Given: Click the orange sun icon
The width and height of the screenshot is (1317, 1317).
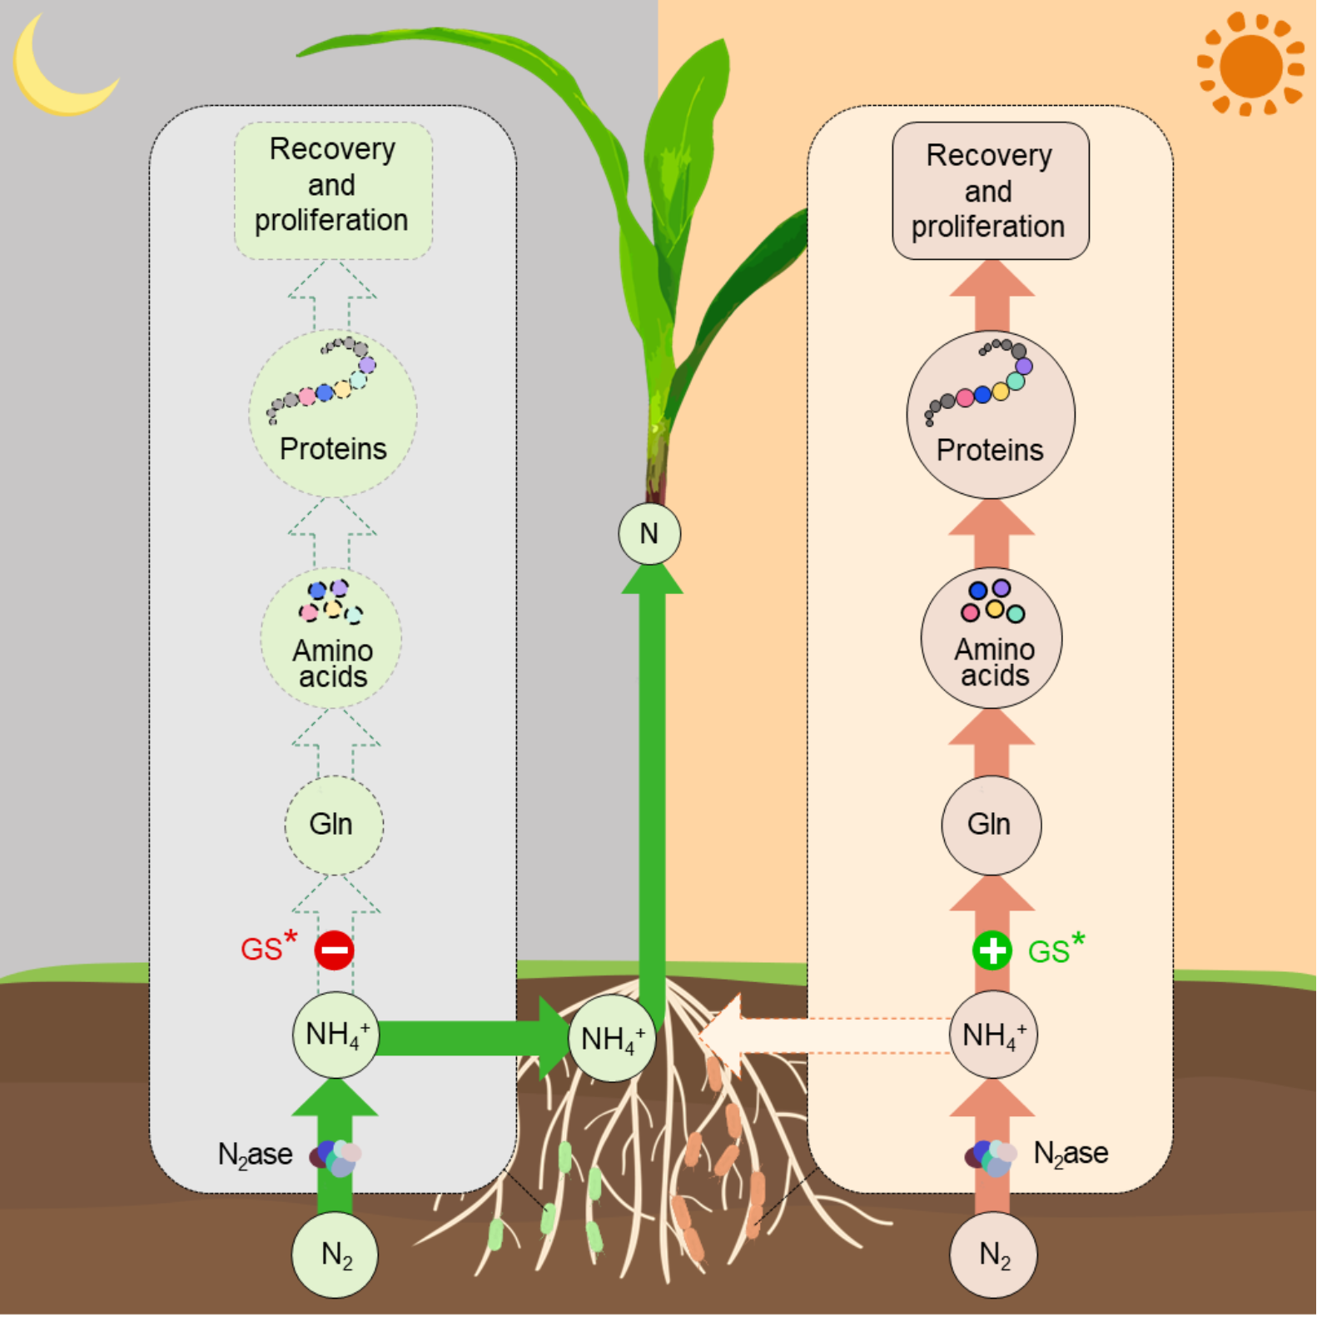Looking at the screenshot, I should tap(1250, 65).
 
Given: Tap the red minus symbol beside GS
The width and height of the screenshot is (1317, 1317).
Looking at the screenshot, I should tap(334, 950).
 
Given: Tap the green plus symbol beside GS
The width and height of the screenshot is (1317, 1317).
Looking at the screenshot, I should tap(991, 950).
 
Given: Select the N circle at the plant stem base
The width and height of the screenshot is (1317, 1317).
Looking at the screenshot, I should tap(649, 533).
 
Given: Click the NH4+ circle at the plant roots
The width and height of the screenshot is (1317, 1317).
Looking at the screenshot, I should tap(612, 1038).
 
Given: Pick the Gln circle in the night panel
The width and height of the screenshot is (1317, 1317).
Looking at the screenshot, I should tap(333, 825).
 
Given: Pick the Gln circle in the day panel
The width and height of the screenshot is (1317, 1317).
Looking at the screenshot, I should tap(991, 825).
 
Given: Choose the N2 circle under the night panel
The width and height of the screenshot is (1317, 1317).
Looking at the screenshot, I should tap(335, 1255).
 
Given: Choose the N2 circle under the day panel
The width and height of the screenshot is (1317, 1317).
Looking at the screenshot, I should tap(993, 1255).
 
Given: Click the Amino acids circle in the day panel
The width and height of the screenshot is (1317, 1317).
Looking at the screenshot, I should tap(991, 638).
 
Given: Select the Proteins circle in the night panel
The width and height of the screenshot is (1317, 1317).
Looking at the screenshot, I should tap(333, 414).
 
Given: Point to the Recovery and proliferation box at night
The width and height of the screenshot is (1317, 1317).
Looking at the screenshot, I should tap(333, 191).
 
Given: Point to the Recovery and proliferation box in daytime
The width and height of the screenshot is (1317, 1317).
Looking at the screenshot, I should tap(991, 191).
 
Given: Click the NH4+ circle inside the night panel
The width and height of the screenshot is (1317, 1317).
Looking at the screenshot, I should tap(335, 1034).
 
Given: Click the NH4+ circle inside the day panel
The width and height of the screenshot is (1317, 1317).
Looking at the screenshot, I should tap(993, 1035).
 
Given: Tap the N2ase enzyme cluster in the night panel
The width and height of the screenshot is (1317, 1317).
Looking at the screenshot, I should tap(336, 1157).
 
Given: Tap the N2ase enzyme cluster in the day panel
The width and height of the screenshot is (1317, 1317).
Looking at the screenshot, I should tap(991, 1157).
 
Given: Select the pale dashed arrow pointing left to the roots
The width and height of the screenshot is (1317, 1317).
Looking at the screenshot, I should tap(824, 1035).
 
